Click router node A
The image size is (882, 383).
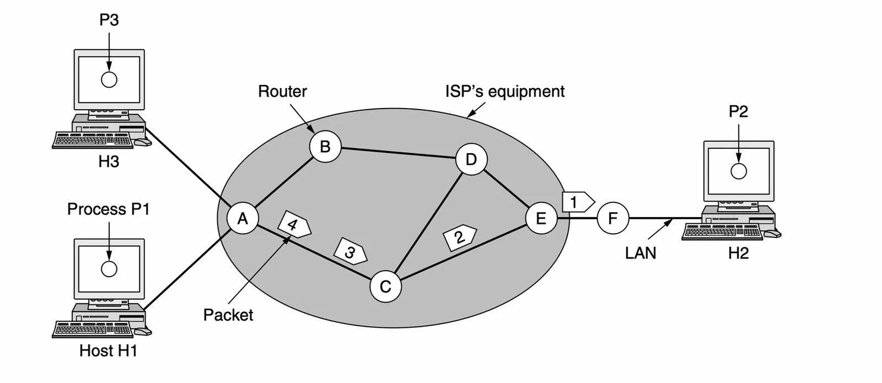243,219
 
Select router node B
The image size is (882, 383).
325,147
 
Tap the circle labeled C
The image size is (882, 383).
385,287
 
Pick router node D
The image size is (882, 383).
471,160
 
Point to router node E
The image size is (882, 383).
541,219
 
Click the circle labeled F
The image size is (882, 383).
612,219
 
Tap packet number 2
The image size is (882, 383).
459,238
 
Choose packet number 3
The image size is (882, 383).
350,252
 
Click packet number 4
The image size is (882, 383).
294,224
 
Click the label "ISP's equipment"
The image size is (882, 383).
504,91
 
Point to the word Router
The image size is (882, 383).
282,91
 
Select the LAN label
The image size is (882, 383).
641,253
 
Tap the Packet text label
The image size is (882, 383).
228,315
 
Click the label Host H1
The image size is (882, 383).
108,350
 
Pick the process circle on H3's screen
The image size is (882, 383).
109,80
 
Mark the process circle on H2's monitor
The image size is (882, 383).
738,171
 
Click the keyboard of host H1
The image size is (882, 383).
93,330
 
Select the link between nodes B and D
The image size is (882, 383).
398,153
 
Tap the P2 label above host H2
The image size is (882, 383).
738,111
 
